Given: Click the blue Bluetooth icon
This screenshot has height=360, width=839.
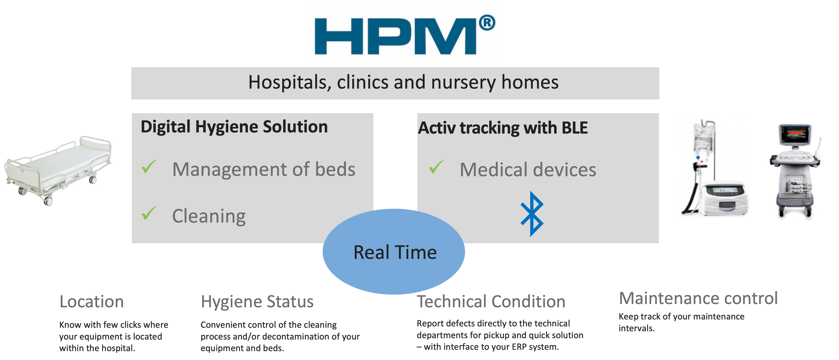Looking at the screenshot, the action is click(532, 214).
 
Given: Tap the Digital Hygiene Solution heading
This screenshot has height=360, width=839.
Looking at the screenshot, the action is click(234, 127).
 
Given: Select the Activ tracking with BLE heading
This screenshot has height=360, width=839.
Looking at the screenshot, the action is click(503, 128).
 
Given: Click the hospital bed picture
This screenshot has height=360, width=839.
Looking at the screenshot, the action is click(58, 170).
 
